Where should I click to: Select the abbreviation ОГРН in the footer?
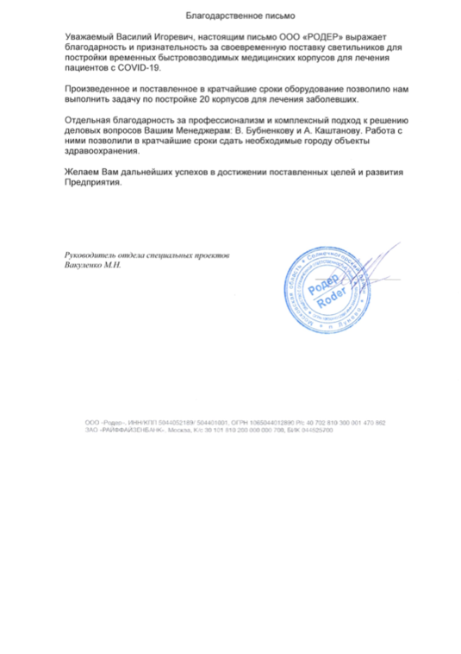(x=240, y=422)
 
